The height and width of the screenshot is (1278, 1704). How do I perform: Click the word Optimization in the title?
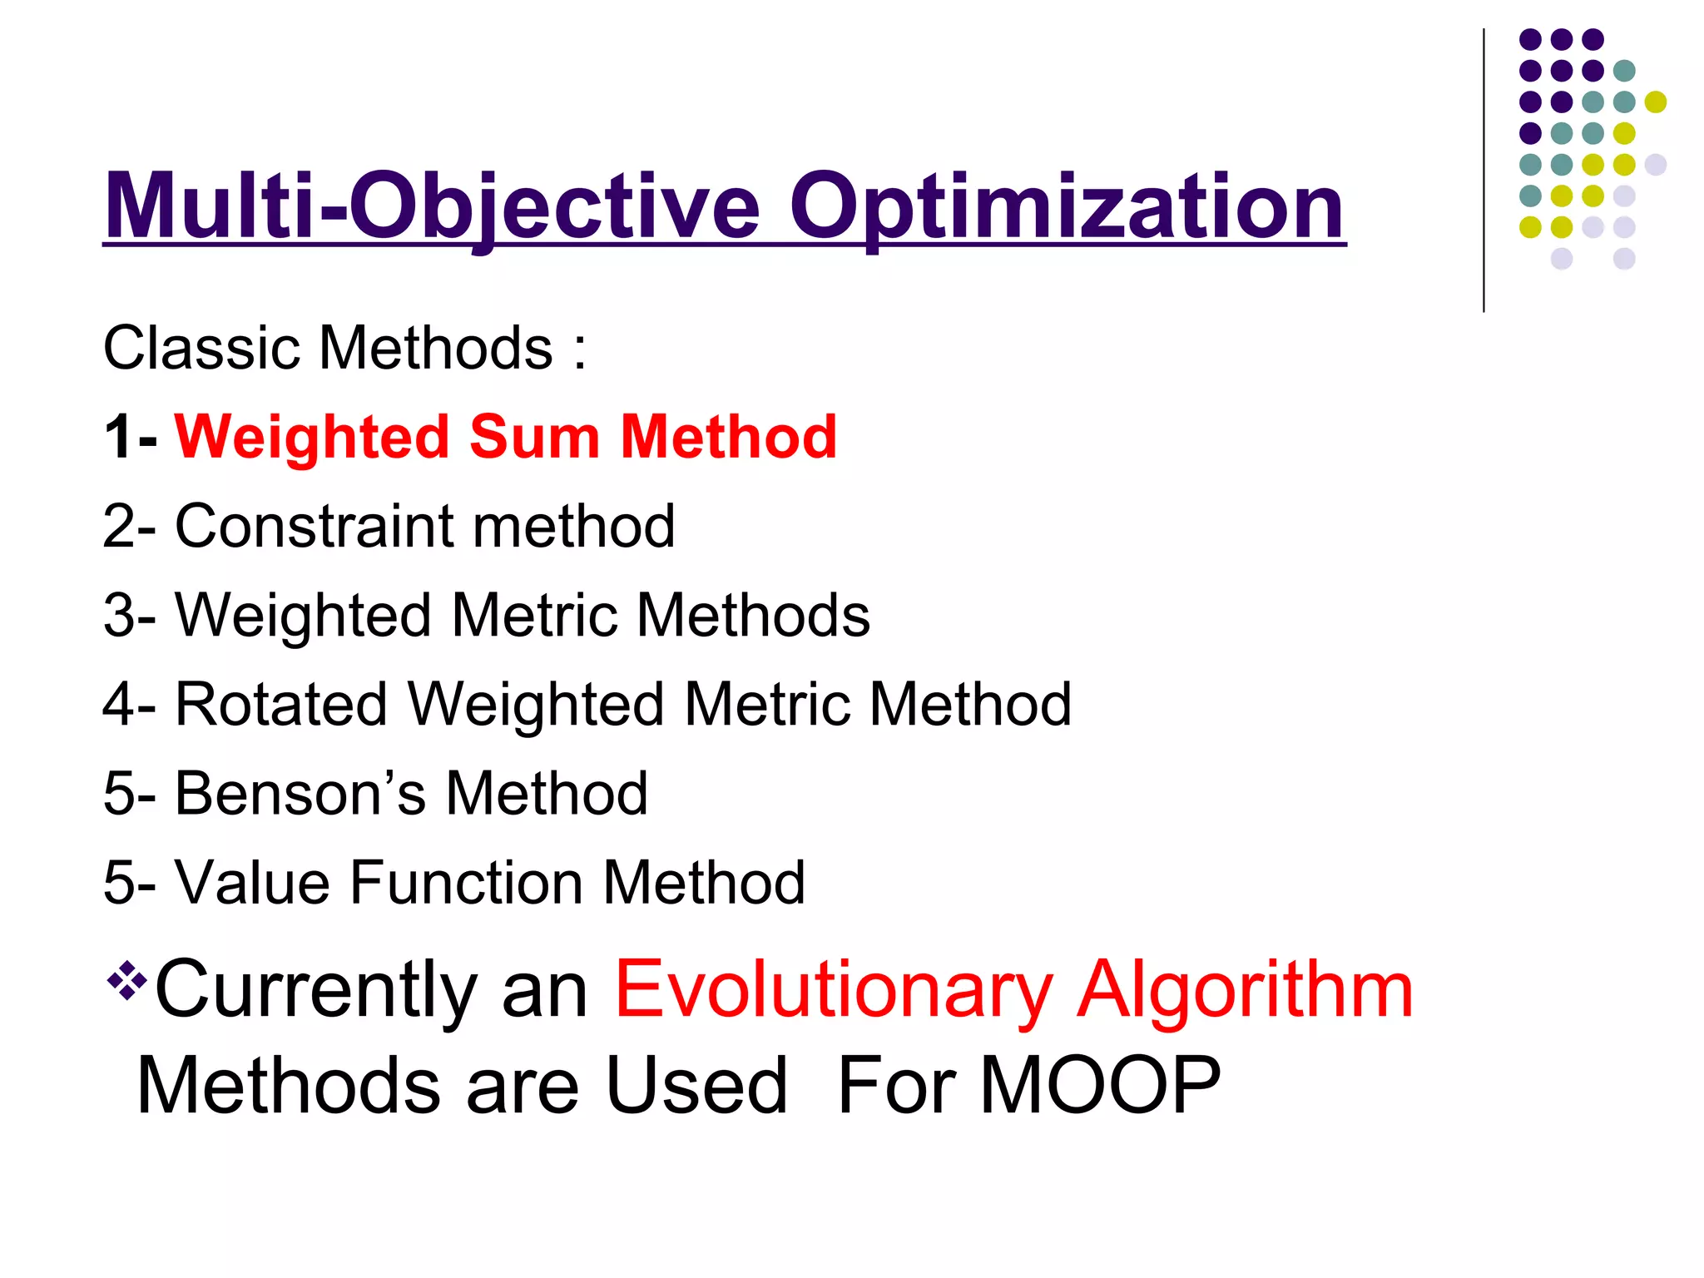pos(1067,206)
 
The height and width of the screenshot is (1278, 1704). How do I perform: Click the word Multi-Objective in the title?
pos(432,206)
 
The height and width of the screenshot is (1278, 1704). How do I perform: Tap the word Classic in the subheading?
pos(201,348)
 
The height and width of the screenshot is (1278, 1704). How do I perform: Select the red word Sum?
pos(534,437)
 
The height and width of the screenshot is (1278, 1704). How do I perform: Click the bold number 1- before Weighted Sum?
pos(130,437)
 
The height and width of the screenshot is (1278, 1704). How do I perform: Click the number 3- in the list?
pos(130,616)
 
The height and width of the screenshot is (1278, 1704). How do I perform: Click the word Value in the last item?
pos(252,883)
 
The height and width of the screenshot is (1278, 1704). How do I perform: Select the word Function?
pos(466,883)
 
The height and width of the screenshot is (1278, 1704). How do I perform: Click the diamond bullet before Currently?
pos(126,980)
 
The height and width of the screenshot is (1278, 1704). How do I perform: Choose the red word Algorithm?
pos(1245,990)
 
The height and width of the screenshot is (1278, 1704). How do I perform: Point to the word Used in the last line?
pos(696,1086)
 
